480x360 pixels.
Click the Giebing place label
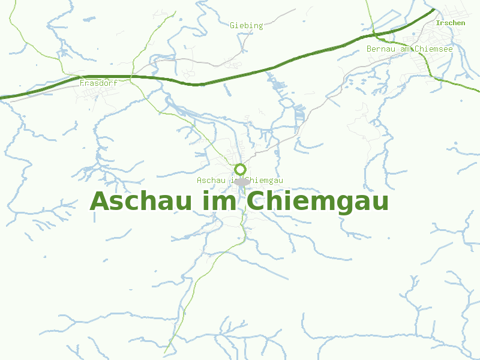click(x=246, y=25)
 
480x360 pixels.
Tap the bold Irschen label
click(x=451, y=23)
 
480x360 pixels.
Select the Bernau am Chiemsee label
click(x=409, y=49)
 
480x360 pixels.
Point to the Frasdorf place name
click(x=98, y=83)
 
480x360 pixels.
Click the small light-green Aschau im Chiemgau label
click(x=239, y=180)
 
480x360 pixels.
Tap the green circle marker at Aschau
click(x=240, y=169)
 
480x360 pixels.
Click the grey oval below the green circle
click(x=241, y=181)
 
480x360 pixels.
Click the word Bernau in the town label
click(x=380, y=49)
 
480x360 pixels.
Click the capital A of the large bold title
click(x=100, y=201)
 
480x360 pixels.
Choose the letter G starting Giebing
click(x=232, y=25)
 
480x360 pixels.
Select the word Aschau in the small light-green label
click(x=211, y=180)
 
